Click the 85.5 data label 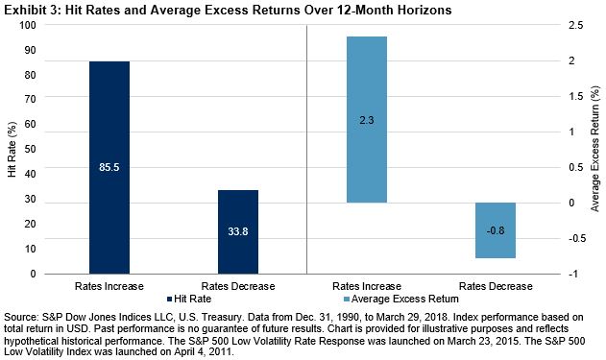coord(109,167)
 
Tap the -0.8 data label coord(496,230)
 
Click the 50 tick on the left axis coord(58,149)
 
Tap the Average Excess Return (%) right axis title coord(595,150)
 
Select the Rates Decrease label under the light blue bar coord(496,286)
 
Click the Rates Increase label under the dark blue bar coord(109,286)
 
